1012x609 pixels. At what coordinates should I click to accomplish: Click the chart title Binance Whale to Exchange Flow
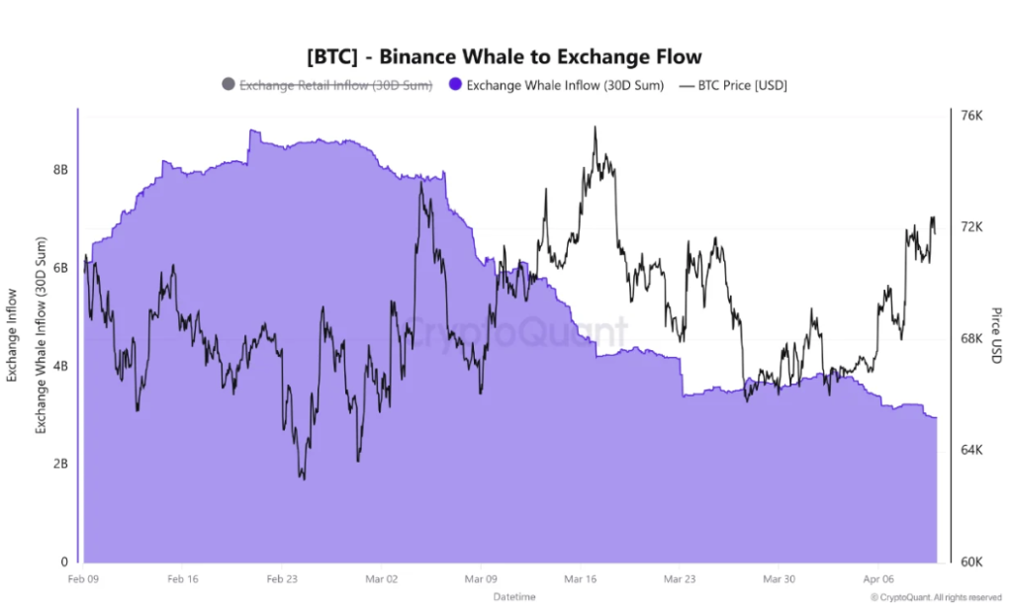tap(505, 56)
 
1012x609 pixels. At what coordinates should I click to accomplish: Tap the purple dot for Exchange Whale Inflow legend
tap(455, 85)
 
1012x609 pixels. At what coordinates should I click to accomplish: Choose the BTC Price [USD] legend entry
tap(732, 85)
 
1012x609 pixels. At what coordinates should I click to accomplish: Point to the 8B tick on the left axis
tap(60, 170)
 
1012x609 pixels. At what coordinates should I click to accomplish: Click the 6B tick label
tap(60, 268)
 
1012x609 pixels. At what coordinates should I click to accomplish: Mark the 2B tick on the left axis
tap(60, 464)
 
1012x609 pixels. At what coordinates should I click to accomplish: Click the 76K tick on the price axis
tap(972, 116)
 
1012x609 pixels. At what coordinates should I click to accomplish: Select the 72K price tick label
tap(972, 227)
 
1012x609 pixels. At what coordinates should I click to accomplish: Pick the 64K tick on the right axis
tap(972, 451)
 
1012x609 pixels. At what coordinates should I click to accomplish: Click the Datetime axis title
tap(514, 597)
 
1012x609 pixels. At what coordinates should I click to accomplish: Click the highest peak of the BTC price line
tap(595, 128)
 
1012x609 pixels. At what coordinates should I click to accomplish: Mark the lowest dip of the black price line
tap(303, 479)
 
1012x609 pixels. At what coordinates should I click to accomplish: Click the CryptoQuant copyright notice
tap(936, 597)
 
